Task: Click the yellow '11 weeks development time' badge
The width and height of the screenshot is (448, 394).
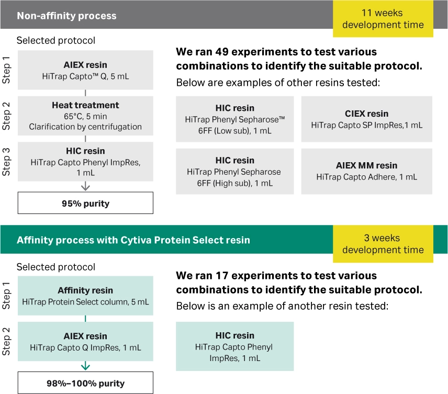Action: click(383, 19)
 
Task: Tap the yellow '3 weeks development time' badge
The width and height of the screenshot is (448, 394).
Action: click(383, 244)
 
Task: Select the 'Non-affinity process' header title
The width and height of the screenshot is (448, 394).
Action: click(66, 16)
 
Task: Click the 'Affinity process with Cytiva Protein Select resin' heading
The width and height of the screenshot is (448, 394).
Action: click(133, 241)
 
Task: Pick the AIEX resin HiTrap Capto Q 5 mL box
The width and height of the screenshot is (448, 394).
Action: click(85, 71)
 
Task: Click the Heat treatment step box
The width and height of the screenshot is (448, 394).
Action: click(85, 116)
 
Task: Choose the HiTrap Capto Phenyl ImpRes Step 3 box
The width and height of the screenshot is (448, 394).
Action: click(85, 162)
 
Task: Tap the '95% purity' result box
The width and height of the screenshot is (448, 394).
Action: click(85, 202)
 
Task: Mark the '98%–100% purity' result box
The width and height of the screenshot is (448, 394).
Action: click(85, 383)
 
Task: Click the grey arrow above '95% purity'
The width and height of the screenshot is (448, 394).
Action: click(85, 186)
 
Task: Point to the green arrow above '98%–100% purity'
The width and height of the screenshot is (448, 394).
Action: click(85, 366)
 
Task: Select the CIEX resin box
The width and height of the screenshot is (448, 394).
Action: click(366, 119)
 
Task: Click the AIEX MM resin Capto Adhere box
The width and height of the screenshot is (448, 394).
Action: click(366, 172)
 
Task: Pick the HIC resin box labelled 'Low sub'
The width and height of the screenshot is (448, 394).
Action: click(234, 119)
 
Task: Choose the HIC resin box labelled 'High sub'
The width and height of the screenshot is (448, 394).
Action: click(234, 172)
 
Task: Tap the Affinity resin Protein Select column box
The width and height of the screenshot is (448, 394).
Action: click(85, 296)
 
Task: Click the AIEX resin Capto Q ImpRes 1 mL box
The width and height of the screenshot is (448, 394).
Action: click(85, 341)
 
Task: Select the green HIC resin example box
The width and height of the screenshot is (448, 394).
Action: click(234, 346)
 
